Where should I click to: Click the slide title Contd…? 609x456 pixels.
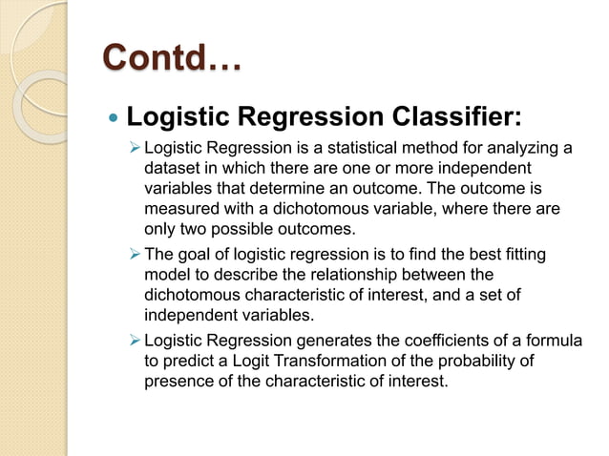[x=172, y=59]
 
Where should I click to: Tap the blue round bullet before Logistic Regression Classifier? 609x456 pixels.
[x=114, y=120]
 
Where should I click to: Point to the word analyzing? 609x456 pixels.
[x=519, y=147]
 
